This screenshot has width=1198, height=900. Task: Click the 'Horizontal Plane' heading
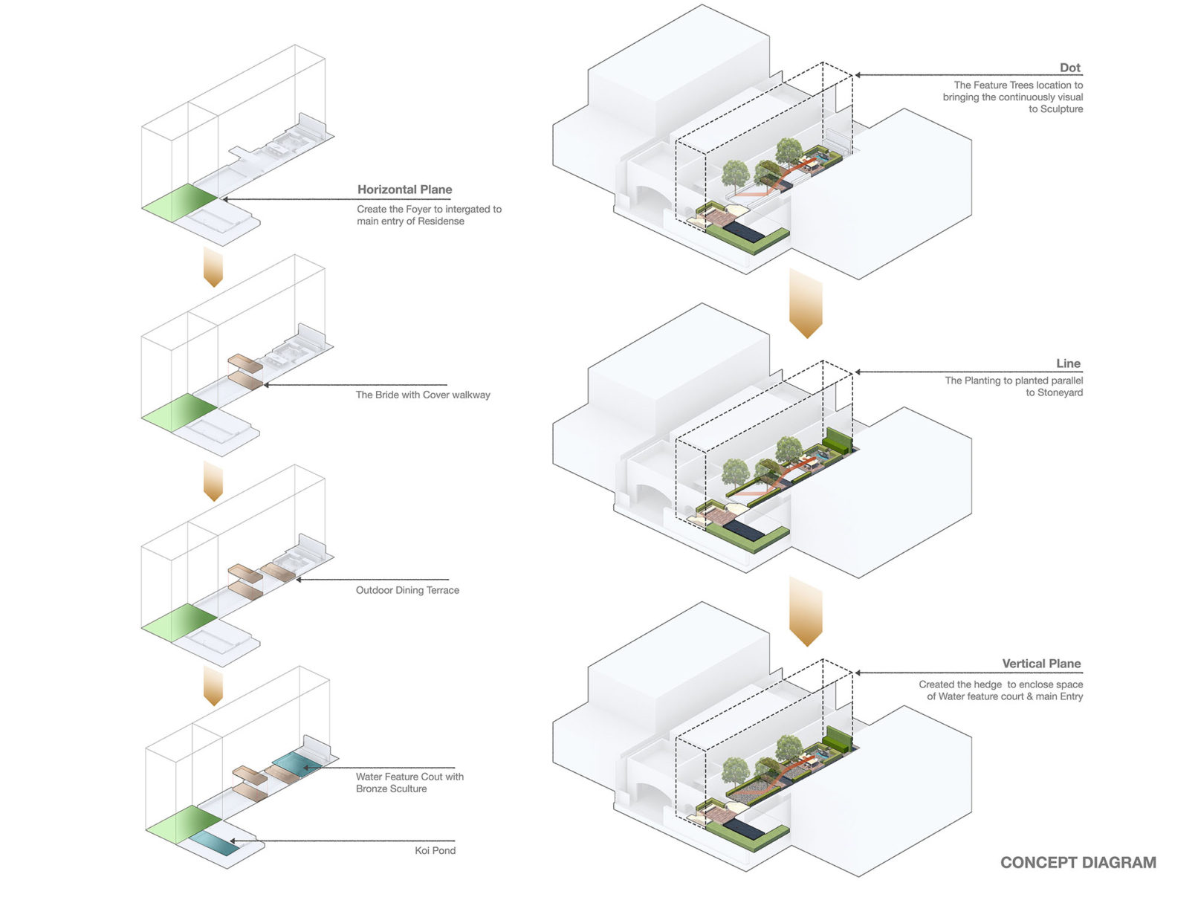coord(404,190)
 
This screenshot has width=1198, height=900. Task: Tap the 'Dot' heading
coord(1069,68)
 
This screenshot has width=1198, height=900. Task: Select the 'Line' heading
coord(1068,363)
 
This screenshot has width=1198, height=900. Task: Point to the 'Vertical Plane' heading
coord(1040,664)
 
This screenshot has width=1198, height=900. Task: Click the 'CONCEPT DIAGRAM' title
coord(1078,862)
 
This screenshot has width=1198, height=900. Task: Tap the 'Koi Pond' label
coord(435,850)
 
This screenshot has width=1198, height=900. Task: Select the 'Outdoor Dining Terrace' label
coord(407,590)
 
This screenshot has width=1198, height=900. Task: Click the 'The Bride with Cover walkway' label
coord(423,395)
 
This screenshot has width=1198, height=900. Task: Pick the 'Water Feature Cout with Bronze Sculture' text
coord(409,783)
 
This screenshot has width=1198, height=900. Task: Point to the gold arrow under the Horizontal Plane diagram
coord(213,268)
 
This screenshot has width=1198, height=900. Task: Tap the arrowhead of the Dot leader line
coord(858,75)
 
